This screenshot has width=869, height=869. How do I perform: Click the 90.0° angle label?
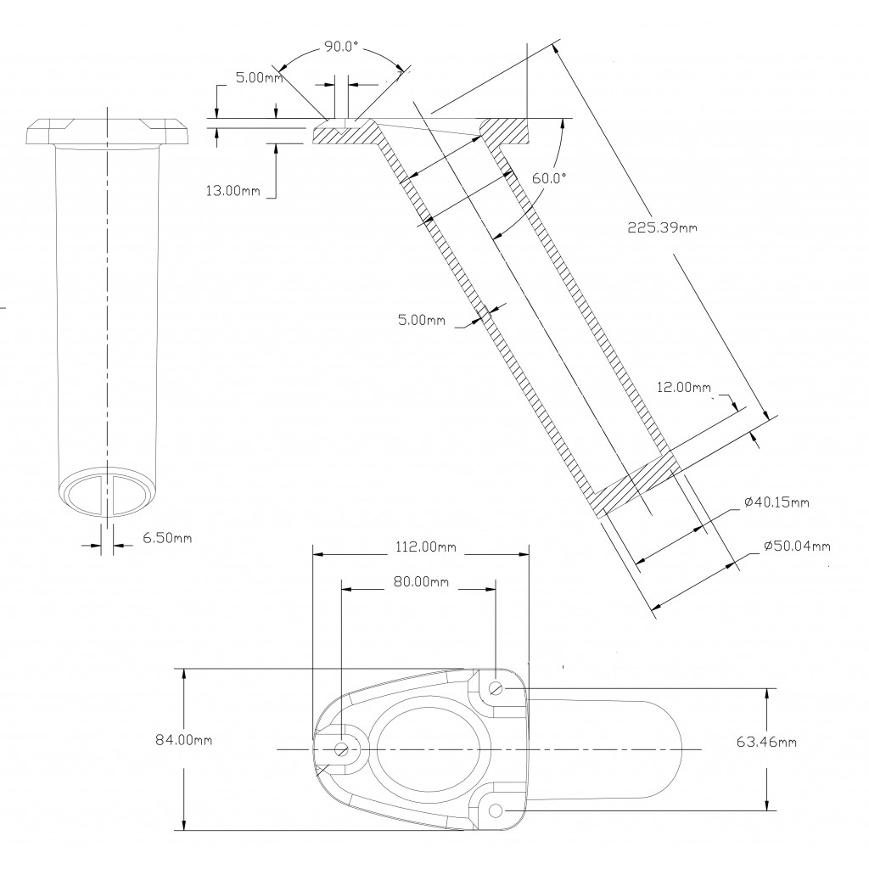[x=341, y=48]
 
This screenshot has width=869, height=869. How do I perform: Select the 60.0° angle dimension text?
[x=548, y=178]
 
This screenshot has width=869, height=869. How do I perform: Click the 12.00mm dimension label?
[x=684, y=388]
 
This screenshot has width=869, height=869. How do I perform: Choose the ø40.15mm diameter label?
[x=776, y=502]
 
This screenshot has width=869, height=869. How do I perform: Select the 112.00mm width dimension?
[x=422, y=547]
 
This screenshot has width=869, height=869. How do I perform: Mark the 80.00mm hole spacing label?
[x=422, y=583]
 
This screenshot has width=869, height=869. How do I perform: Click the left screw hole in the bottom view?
[x=342, y=748]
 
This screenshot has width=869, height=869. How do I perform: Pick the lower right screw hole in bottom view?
[x=496, y=811]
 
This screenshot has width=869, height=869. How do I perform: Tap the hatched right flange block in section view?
[x=505, y=132]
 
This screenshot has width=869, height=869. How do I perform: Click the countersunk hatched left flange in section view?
[x=344, y=134]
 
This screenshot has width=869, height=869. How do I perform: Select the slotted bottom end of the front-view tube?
[x=108, y=490]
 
